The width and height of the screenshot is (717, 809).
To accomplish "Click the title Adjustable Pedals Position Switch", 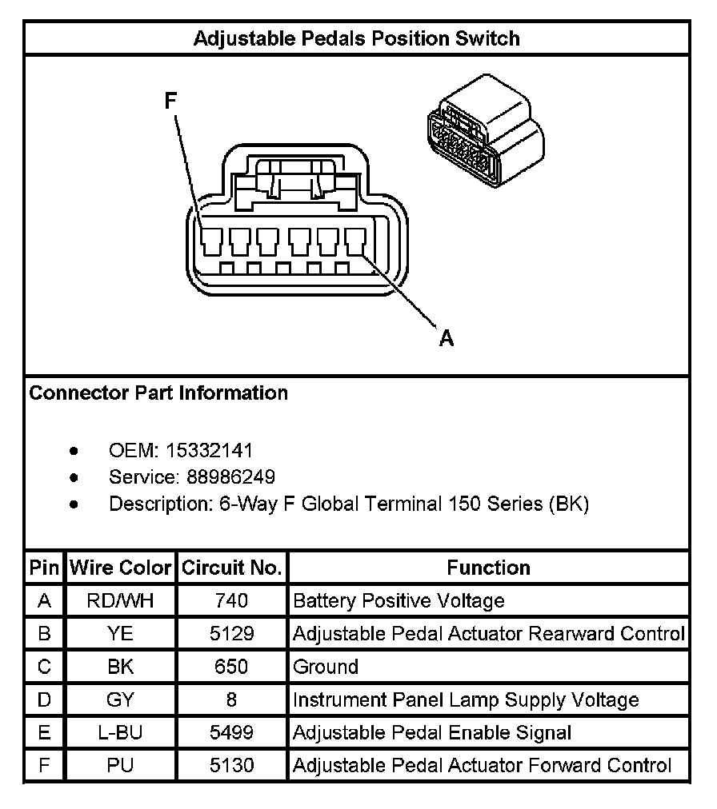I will click(x=357, y=38).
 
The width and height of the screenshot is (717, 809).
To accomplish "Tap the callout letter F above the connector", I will click(x=170, y=101).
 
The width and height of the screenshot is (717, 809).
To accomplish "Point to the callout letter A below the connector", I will click(x=447, y=339).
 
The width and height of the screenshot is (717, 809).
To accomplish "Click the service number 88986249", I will click(x=231, y=477).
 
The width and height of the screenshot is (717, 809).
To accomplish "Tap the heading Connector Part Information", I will click(x=158, y=393).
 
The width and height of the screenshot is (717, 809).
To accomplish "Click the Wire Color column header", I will click(x=121, y=568).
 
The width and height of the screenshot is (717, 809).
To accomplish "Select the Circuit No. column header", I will click(x=232, y=568).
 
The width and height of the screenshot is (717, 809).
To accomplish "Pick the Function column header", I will click(x=488, y=568).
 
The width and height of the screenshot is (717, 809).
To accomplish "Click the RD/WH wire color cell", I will click(x=121, y=600).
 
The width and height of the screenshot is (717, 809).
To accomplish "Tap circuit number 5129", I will click(x=232, y=634).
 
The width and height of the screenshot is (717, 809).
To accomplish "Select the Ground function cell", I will click(x=326, y=667).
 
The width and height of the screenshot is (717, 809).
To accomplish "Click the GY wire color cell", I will click(x=121, y=700).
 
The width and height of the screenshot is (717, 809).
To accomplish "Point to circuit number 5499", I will click(x=232, y=733).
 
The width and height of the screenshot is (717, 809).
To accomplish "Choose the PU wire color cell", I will click(x=121, y=766).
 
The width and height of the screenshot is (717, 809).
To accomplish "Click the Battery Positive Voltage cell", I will click(x=399, y=600).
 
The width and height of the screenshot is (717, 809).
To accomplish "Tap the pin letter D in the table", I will click(x=45, y=700).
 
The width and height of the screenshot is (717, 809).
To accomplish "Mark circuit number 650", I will click(x=232, y=667).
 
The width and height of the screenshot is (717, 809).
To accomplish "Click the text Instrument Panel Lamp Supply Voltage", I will click(x=466, y=700).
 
